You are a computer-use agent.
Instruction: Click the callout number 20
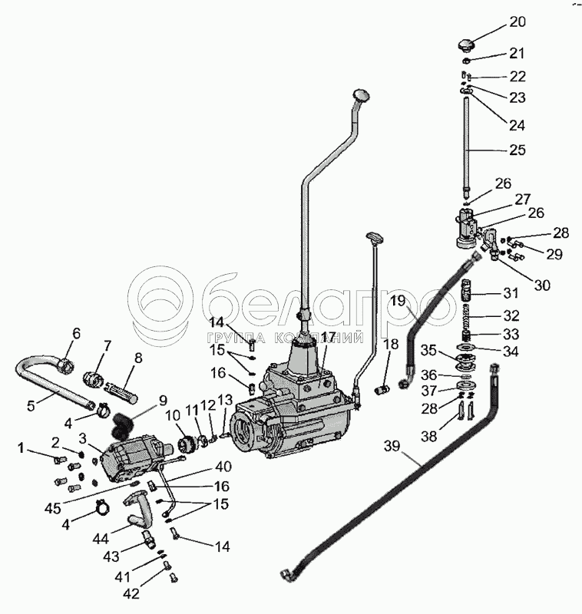point(518,22)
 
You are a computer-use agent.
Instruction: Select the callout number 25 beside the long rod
point(517,150)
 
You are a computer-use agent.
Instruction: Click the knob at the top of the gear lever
point(362,94)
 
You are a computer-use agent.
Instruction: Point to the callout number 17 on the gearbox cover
point(329,337)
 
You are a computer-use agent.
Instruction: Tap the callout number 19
point(398,301)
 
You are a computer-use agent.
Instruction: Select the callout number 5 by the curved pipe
point(31,406)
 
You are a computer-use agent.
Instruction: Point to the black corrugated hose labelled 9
point(121,426)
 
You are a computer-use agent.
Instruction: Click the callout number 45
point(52,509)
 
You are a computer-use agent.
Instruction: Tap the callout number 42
point(131,593)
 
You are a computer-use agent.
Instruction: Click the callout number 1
point(22,447)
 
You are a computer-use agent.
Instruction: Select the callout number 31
point(511,293)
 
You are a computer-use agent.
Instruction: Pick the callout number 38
point(428,436)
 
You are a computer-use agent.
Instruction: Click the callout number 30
point(542,286)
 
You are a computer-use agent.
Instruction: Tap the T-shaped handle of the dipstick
point(375,237)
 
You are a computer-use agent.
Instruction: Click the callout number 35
point(428,350)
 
